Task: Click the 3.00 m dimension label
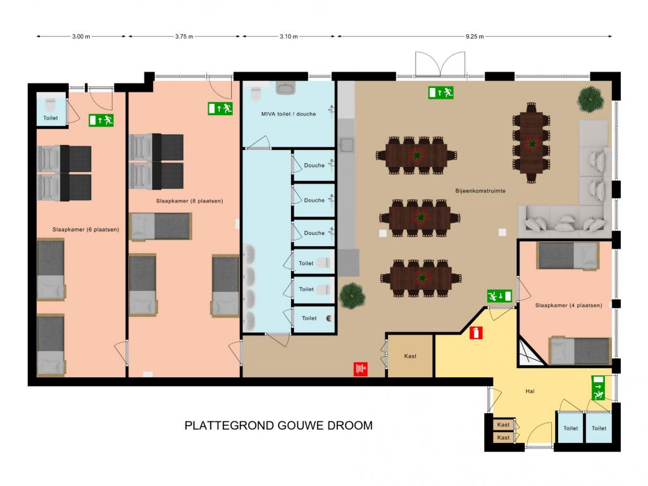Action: pos(81,36)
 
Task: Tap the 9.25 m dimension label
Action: pos(475,36)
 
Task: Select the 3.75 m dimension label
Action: pos(184,36)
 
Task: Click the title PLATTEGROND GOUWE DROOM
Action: pos(278,425)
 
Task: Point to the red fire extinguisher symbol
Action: pos(476,333)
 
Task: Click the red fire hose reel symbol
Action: pos(361,369)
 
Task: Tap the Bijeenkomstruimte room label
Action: pos(480,191)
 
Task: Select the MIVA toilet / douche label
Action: pos(289,114)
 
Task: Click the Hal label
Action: pos(530,391)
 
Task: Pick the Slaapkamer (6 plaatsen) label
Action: pos(85,229)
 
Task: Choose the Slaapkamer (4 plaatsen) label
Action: pos(569,306)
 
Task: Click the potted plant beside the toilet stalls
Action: pos(352,296)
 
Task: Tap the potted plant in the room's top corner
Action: pos(590,99)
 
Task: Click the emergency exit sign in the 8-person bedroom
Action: pos(220,109)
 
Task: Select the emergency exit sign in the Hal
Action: pos(598,388)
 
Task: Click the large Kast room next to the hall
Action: pos(410,356)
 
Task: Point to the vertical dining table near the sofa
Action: pos(532,143)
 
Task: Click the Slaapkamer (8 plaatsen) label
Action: pos(189,201)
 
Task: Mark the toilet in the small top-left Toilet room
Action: pos(51,106)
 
